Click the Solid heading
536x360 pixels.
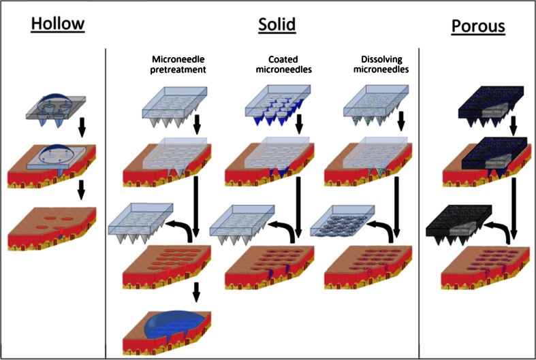[277, 25]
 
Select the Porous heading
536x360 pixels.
[479, 27]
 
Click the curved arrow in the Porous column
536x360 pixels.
[501, 229]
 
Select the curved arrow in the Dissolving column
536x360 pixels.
[386, 228]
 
